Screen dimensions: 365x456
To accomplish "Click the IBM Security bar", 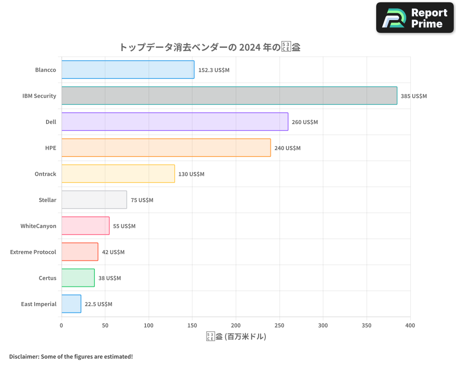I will coord(229,96).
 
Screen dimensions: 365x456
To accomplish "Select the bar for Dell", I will coord(175,122).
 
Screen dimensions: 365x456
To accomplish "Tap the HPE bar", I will coord(166,148).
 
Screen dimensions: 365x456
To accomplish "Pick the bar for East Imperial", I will coord(71,304).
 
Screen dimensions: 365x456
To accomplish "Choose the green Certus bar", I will coord(78,278).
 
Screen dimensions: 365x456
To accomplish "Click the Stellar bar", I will coord(94,200).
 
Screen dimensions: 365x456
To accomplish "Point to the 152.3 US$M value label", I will coord(214,70).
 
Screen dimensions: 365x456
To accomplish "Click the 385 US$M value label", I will coord(414,96).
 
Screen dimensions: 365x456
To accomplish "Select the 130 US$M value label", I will coord(191,174).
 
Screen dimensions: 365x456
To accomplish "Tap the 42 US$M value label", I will coord(113,252).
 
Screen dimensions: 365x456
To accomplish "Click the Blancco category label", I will coord(46,70).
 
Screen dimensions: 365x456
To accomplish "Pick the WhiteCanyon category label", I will coord(38,226).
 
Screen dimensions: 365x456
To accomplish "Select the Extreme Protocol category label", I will coord(33,252).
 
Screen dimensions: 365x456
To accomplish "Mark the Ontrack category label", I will coord(46,174).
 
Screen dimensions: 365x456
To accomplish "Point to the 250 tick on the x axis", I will coord(280,325).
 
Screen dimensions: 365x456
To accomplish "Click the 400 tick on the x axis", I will coord(410,325).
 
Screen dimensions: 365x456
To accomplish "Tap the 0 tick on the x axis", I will coord(62,325).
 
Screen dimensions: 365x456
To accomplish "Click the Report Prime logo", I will coord(415,18).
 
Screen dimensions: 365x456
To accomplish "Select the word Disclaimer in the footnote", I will coord(24,356).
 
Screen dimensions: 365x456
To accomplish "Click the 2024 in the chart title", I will coord(249,47).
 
